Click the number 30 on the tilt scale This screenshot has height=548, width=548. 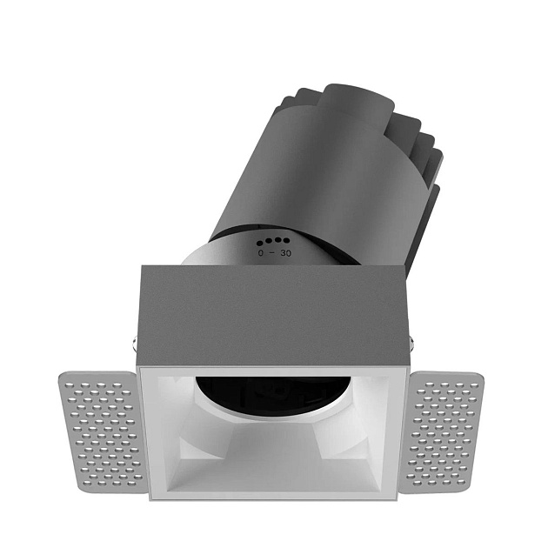tap(286, 253)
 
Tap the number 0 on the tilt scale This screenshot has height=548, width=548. tap(261, 253)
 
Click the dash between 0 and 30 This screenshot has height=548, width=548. tap(273, 253)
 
